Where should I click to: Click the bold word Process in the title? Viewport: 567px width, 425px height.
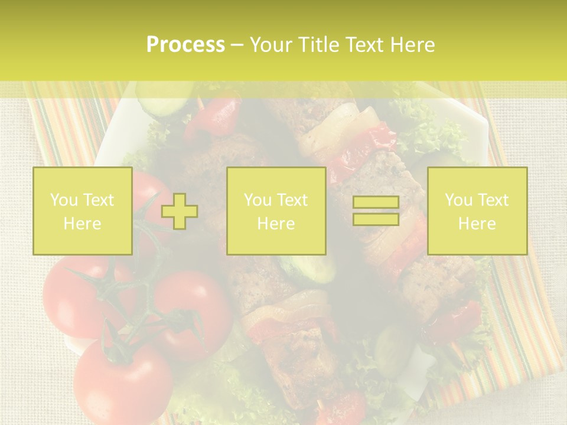[x=185, y=45]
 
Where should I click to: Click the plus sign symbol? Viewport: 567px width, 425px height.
[x=180, y=211]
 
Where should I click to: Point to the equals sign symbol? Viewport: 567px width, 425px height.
[x=376, y=211]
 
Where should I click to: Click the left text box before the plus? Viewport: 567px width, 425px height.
[x=83, y=211]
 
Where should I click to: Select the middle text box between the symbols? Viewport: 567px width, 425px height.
[x=276, y=211]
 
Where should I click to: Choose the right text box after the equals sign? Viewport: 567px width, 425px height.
[x=477, y=211]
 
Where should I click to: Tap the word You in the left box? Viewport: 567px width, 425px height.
[x=63, y=200]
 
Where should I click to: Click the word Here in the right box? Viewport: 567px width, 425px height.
[x=477, y=224]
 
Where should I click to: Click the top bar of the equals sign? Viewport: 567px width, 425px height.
[x=376, y=202]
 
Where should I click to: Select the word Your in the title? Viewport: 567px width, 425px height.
[x=270, y=45]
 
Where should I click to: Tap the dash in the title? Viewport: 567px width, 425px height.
[x=236, y=45]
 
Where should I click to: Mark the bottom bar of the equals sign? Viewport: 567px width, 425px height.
[x=376, y=219]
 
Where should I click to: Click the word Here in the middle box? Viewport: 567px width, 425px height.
[x=276, y=224]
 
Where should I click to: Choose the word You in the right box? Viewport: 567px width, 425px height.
[x=458, y=200]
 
